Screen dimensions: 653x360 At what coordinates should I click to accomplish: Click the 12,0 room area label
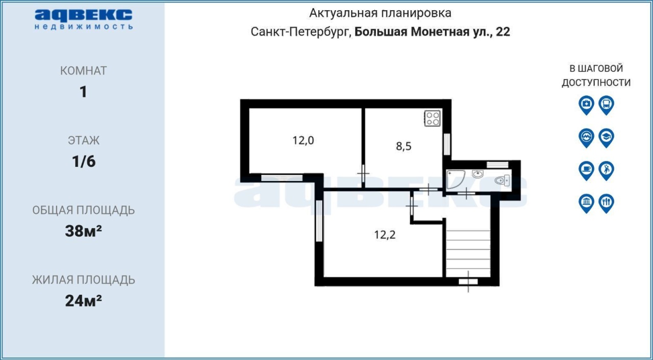pyautogui.click(x=303, y=140)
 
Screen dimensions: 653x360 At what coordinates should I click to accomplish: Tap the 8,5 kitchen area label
pyautogui.click(x=404, y=146)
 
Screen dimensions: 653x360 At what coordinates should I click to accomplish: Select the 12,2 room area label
pyautogui.click(x=385, y=235)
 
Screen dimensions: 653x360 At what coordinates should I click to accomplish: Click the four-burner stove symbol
pyautogui.click(x=432, y=118)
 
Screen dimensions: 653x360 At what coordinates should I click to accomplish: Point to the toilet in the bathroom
pyautogui.click(x=503, y=181)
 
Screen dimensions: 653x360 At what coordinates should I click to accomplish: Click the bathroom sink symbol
pyautogui.click(x=478, y=174)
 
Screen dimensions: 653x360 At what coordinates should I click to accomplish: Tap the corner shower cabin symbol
pyautogui.click(x=456, y=179)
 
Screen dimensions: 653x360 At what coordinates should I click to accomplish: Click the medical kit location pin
pyautogui.click(x=586, y=105)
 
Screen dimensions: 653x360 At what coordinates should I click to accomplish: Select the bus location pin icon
pyautogui.click(x=607, y=105)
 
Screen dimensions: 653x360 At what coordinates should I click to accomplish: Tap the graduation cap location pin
pyautogui.click(x=607, y=138)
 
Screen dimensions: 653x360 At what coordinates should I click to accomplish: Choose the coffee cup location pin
pyautogui.click(x=586, y=171)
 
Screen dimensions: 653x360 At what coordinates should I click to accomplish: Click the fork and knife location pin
pyautogui.click(x=607, y=203)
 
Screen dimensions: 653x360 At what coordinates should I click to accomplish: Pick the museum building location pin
pyautogui.click(x=586, y=203)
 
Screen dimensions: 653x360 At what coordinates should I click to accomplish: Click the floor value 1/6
pyautogui.click(x=84, y=161)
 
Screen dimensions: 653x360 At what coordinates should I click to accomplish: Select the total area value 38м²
pyautogui.click(x=83, y=231)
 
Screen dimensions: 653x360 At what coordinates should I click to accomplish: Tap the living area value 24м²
pyautogui.click(x=83, y=300)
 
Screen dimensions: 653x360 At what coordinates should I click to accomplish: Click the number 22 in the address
pyautogui.click(x=503, y=32)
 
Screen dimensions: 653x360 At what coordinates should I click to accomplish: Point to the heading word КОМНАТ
pyautogui.click(x=84, y=71)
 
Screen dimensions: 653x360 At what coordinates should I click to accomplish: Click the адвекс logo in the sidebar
pyautogui.click(x=84, y=19)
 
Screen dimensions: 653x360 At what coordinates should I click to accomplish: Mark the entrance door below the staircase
pyautogui.click(x=468, y=281)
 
